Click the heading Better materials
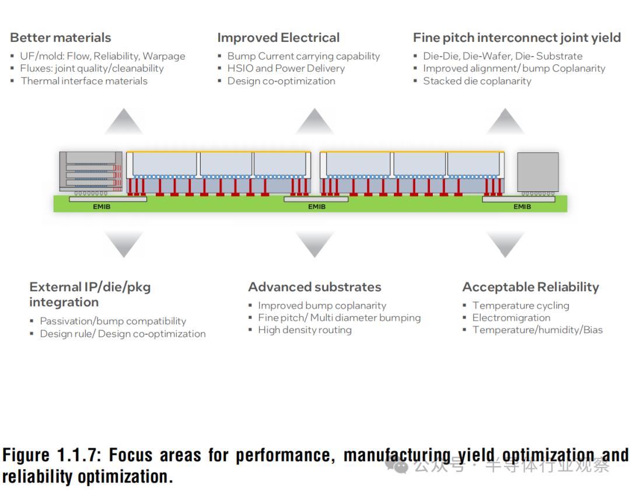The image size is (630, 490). tap(60, 38)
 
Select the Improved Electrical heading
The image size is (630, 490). tap(278, 38)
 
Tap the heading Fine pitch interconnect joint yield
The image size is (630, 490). tap(517, 38)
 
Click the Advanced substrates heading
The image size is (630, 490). tap(314, 287)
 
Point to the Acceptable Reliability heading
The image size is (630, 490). tap(530, 287)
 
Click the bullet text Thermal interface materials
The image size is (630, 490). tap(84, 81)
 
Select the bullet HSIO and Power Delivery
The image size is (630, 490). tap(286, 68)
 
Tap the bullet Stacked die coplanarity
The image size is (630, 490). tap(477, 81)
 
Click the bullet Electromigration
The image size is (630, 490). tap(511, 318)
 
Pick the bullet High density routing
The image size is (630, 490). tap(304, 330)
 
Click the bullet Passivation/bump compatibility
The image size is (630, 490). tap(113, 321)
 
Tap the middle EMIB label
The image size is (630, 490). tap(317, 206)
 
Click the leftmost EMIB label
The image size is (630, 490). tap(101, 206)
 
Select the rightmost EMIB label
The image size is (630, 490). tap(522, 206)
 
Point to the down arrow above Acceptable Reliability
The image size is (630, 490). tap(505, 243)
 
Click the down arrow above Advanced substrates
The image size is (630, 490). tap(314, 243)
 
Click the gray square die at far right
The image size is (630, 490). tap(538, 172)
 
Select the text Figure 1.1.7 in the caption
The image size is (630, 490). tap(52, 456)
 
